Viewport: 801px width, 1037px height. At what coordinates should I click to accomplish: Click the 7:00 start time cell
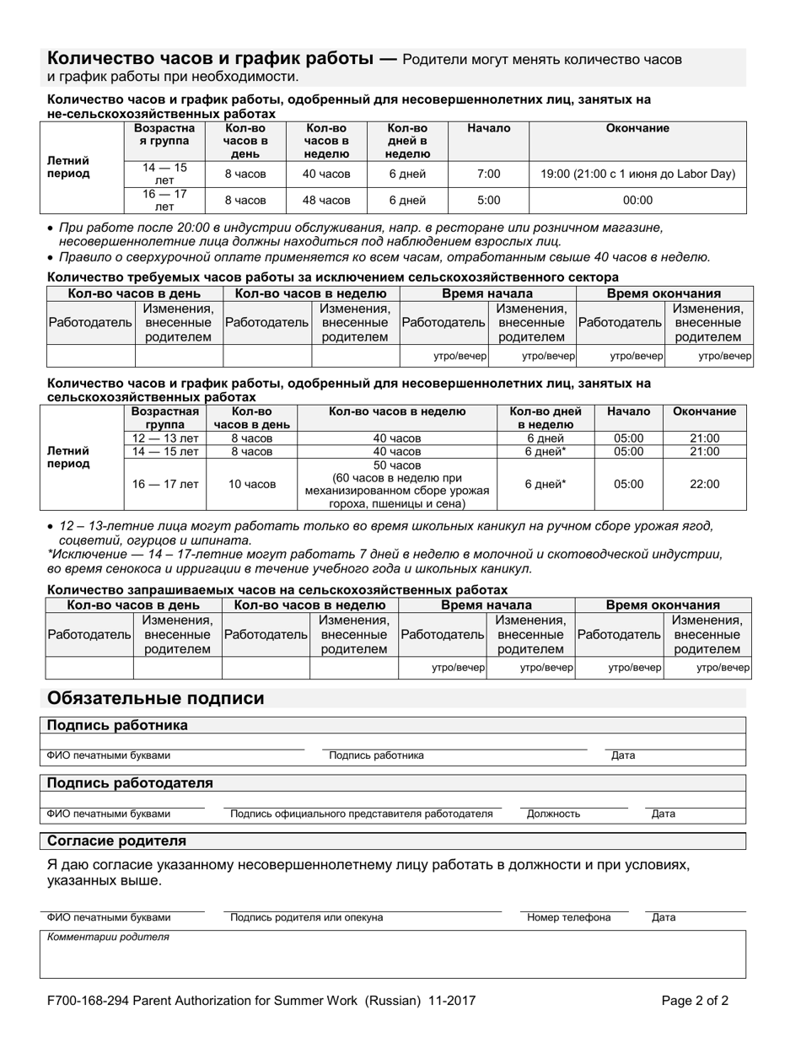(x=488, y=174)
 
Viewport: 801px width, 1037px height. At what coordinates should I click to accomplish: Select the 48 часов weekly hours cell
(x=326, y=201)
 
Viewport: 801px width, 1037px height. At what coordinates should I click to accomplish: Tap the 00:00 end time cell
(x=637, y=201)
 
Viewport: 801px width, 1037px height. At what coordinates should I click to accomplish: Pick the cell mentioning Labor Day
(x=637, y=174)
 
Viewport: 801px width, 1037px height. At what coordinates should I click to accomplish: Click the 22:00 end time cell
(x=705, y=484)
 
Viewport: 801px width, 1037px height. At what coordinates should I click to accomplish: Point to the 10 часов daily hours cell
(x=252, y=484)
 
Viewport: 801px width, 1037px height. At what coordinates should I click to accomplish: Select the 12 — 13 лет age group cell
(x=166, y=438)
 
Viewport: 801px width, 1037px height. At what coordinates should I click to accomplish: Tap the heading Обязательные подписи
(x=156, y=698)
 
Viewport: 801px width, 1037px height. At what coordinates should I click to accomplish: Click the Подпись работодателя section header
(x=130, y=783)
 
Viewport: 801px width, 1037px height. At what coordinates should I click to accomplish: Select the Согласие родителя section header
(x=116, y=841)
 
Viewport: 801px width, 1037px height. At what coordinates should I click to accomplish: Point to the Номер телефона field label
(x=568, y=917)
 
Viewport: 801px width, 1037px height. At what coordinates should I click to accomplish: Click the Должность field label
(x=553, y=814)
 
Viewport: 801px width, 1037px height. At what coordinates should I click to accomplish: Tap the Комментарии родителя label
(x=108, y=937)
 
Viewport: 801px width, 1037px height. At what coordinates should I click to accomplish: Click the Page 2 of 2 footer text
(x=695, y=1002)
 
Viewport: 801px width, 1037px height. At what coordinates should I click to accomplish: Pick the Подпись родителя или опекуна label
(x=306, y=917)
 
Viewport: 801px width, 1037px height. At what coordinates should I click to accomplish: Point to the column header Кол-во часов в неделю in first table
(x=326, y=141)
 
